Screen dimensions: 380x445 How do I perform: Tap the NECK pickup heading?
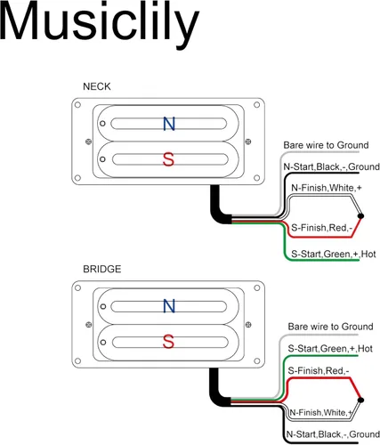97,86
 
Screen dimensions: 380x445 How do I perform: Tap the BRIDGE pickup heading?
102,269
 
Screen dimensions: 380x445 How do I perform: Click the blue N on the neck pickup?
169,124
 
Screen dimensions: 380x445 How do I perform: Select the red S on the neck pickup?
168,159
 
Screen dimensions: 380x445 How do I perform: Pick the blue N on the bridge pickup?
169,306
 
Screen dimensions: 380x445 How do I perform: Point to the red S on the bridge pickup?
168,342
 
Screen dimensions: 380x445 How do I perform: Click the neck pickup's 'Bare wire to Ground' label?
326,145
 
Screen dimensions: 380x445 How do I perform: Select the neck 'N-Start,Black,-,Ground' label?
331,166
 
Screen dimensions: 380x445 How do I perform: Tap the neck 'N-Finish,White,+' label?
327,188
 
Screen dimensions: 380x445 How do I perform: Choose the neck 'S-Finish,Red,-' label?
321,228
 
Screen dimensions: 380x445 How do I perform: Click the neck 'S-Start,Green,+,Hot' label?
334,255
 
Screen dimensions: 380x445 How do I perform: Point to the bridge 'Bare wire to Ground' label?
330,327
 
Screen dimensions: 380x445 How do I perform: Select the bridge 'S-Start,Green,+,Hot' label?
330,349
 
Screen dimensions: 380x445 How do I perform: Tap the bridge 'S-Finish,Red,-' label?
319,371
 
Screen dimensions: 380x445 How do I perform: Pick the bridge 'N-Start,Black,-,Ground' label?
333,434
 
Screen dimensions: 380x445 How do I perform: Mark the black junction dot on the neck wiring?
360,216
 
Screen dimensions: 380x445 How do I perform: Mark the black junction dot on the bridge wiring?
360,400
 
